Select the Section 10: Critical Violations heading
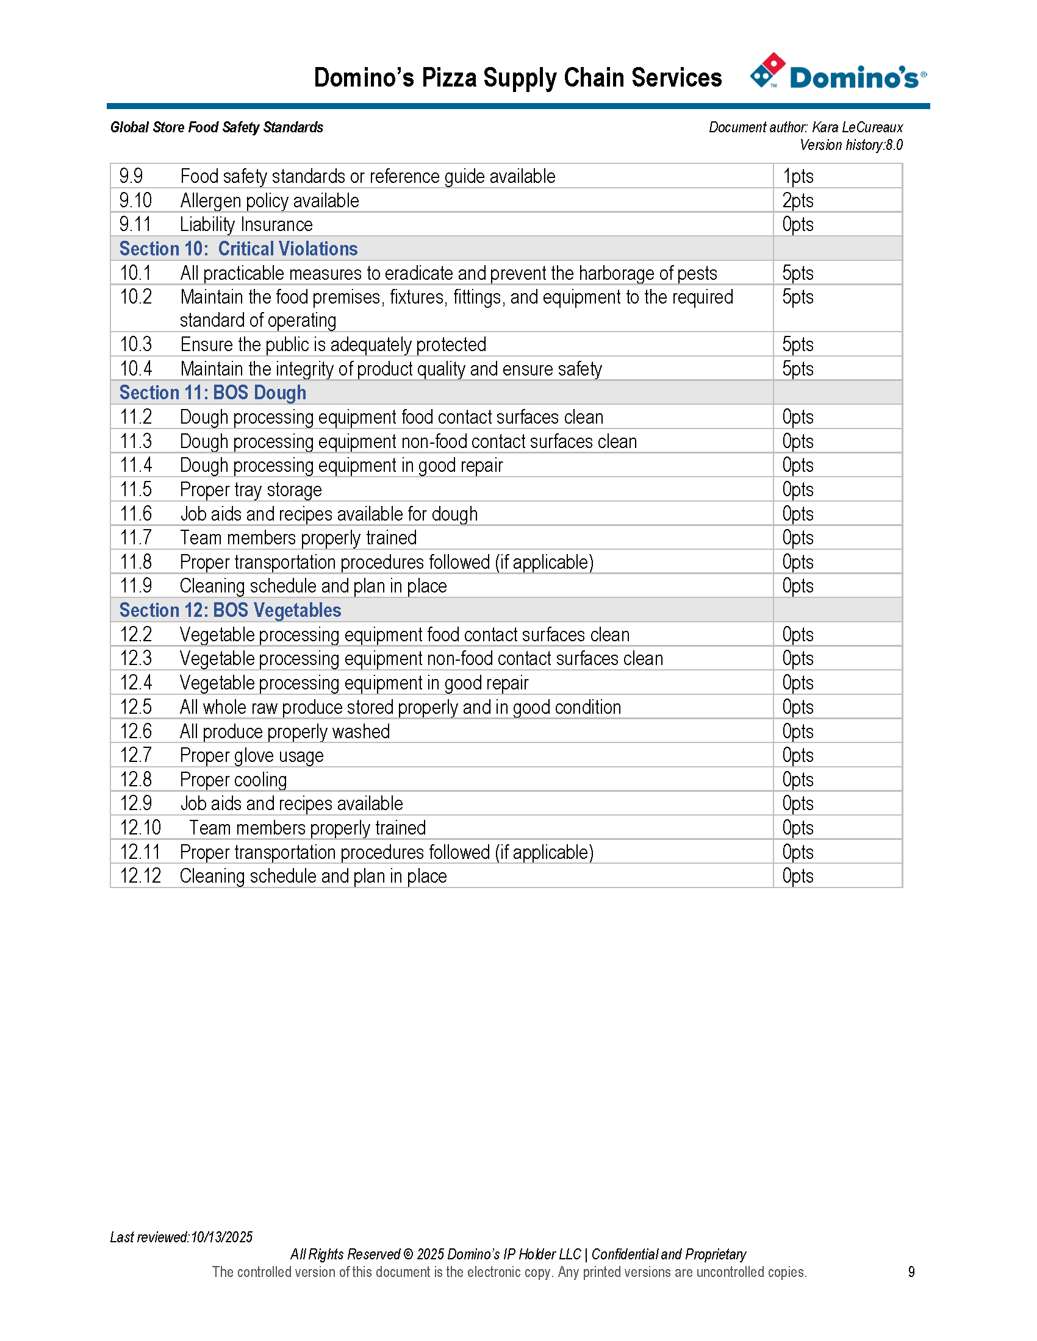[239, 249]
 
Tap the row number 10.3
[136, 344]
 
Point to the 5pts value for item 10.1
[797, 273]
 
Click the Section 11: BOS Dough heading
[212, 393]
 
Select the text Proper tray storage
[251, 490]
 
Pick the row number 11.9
[136, 586]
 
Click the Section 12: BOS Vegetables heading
[230, 610]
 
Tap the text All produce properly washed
[284, 732]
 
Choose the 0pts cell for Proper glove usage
[797, 756]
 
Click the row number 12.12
[140, 877]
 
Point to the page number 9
[911, 1272]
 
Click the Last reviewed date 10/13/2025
[222, 1237]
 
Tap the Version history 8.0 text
[851, 146]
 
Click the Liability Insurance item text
[246, 225]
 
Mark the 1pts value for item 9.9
[797, 177]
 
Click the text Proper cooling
[234, 780]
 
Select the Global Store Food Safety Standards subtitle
[217, 128]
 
